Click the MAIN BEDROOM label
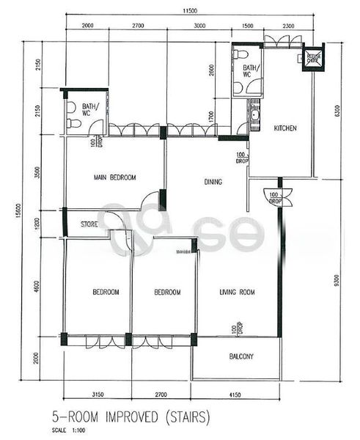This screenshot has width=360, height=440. (111, 177)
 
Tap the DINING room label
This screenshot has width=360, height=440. (213, 182)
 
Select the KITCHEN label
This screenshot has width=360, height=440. (284, 128)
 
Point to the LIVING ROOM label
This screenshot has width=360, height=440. (237, 293)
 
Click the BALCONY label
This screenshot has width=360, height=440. (237, 357)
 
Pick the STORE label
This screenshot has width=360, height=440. (89, 224)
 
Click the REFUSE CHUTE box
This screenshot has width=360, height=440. (314, 58)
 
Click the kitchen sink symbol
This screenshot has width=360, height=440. (254, 115)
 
